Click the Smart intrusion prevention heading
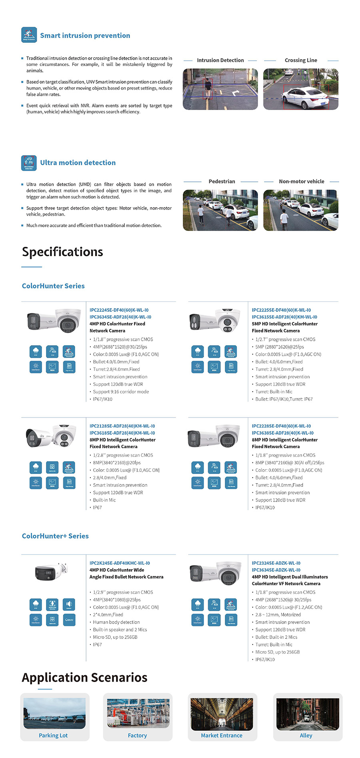85,36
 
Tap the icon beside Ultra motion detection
29,163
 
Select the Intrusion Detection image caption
220,60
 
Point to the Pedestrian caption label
222,182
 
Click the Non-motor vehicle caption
301,182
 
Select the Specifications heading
62,252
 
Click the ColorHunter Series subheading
53,286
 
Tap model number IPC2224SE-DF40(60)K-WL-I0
119,310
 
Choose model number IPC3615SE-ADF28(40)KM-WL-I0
284,317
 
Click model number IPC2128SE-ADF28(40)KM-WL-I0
122,426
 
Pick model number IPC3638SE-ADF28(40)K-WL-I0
282,433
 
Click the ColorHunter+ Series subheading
55,536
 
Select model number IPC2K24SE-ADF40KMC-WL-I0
120,563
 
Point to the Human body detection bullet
116,622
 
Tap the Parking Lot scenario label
53,735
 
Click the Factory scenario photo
138,713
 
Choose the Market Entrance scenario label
222,735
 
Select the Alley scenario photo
308,714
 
